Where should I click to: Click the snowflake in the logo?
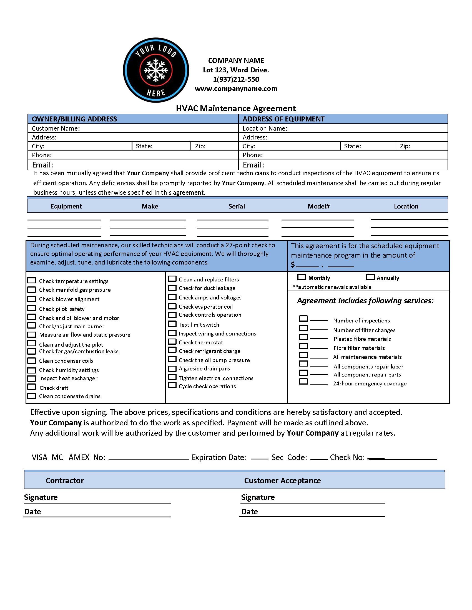(156, 70)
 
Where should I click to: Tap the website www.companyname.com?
(236, 89)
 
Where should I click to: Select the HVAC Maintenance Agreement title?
(236, 108)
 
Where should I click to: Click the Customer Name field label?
(56, 128)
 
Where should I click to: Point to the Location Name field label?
(265, 128)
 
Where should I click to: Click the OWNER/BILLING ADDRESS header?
(74, 119)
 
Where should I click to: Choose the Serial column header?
(237, 206)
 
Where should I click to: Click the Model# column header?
(318, 206)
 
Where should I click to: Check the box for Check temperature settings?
(32, 280)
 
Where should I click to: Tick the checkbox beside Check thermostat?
(172, 342)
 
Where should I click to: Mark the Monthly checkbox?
(302, 277)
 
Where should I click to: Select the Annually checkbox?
(370, 277)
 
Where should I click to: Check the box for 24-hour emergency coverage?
(303, 382)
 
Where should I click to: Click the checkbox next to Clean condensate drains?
(32, 396)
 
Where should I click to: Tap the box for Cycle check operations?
(172, 385)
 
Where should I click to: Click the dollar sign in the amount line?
(293, 264)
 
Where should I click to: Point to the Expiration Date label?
(219, 457)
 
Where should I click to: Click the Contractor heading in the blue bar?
(65, 481)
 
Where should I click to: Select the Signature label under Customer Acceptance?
(258, 497)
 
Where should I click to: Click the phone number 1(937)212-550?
(236, 79)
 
